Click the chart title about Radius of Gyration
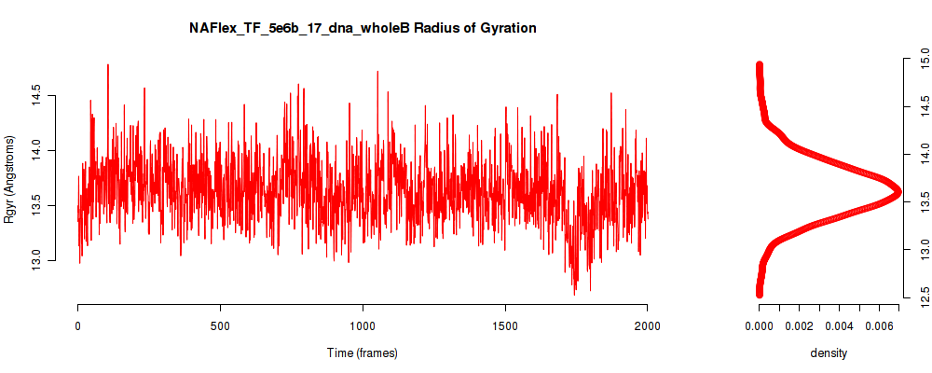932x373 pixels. point(363,28)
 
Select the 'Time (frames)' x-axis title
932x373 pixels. point(362,352)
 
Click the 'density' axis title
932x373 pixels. point(829,352)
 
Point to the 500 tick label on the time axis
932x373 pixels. point(220,326)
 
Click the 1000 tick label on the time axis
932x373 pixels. point(363,326)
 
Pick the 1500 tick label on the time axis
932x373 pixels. point(505,326)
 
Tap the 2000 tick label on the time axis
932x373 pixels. point(648,326)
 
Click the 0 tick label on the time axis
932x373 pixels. point(78,326)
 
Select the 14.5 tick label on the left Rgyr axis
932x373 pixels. point(36,96)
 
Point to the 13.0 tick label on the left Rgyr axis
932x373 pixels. point(36,260)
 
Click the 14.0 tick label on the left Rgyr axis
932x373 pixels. point(36,150)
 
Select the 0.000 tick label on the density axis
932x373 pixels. point(759,326)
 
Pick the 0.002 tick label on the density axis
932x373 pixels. point(799,326)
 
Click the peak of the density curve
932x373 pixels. point(898,191)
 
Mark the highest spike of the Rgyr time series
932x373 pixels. point(107,65)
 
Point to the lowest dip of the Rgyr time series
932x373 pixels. point(574,295)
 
